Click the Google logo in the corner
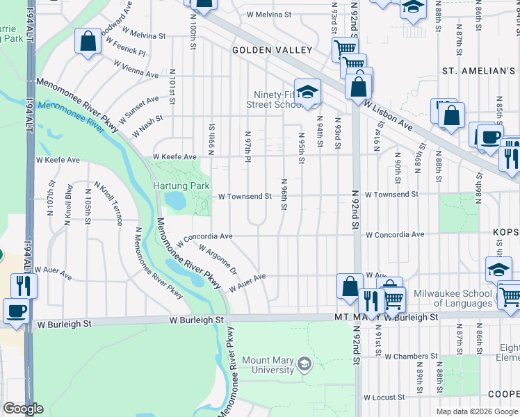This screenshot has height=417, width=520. pyautogui.click(x=22, y=409)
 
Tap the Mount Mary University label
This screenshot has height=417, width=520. pyautogui.click(x=268, y=366)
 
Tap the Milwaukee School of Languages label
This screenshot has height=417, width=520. pyautogui.click(x=453, y=298)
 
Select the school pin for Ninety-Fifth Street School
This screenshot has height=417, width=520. pyautogui.click(x=307, y=90)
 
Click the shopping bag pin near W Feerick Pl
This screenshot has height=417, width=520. pyautogui.click(x=88, y=41)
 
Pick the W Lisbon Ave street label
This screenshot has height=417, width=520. pyautogui.click(x=387, y=113)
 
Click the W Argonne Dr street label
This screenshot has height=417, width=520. pyautogui.click(x=218, y=260)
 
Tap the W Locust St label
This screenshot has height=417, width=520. pyautogui.click(x=384, y=398)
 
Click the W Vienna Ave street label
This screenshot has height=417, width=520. pyautogui.click(x=137, y=73)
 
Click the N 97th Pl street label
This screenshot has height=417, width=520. pyautogui.click(x=248, y=145)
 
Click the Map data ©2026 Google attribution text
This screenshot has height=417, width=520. pyautogui.click(x=476, y=411)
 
